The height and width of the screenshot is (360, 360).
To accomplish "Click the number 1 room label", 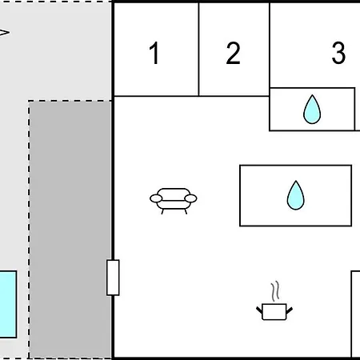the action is click(x=154, y=53).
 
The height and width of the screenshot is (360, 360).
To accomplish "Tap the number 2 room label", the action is click(x=233, y=53).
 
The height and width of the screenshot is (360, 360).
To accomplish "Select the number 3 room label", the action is click(x=338, y=53).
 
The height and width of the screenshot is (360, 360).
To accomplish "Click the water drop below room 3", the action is click(x=312, y=110).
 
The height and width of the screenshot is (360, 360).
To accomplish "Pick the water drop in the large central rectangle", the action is click(x=295, y=195).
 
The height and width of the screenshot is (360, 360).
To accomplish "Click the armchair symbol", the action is click(x=174, y=201).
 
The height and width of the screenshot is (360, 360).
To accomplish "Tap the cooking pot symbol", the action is click(x=274, y=311).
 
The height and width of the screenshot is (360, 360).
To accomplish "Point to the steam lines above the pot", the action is click(x=275, y=290).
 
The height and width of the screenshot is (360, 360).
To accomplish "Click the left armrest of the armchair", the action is click(x=156, y=198).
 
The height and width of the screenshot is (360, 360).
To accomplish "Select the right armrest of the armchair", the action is click(x=190, y=198).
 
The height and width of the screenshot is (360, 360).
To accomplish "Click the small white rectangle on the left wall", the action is click(x=113, y=278).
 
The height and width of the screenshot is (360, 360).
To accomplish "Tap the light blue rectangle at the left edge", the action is click(x=8, y=305).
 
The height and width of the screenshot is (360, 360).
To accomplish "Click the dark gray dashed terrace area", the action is click(x=70, y=230).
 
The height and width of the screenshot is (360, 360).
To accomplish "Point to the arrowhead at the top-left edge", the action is click(x=5, y=33).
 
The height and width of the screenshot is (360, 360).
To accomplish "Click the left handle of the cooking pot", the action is click(x=259, y=310).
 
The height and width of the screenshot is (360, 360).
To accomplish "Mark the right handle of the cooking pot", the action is click(x=290, y=310).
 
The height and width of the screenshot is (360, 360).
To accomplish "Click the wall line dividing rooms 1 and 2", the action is click(x=198, y=49).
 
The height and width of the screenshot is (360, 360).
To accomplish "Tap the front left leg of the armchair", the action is click(x=162, y=211).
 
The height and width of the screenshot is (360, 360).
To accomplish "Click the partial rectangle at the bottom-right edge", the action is click(x=355, y=314).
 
